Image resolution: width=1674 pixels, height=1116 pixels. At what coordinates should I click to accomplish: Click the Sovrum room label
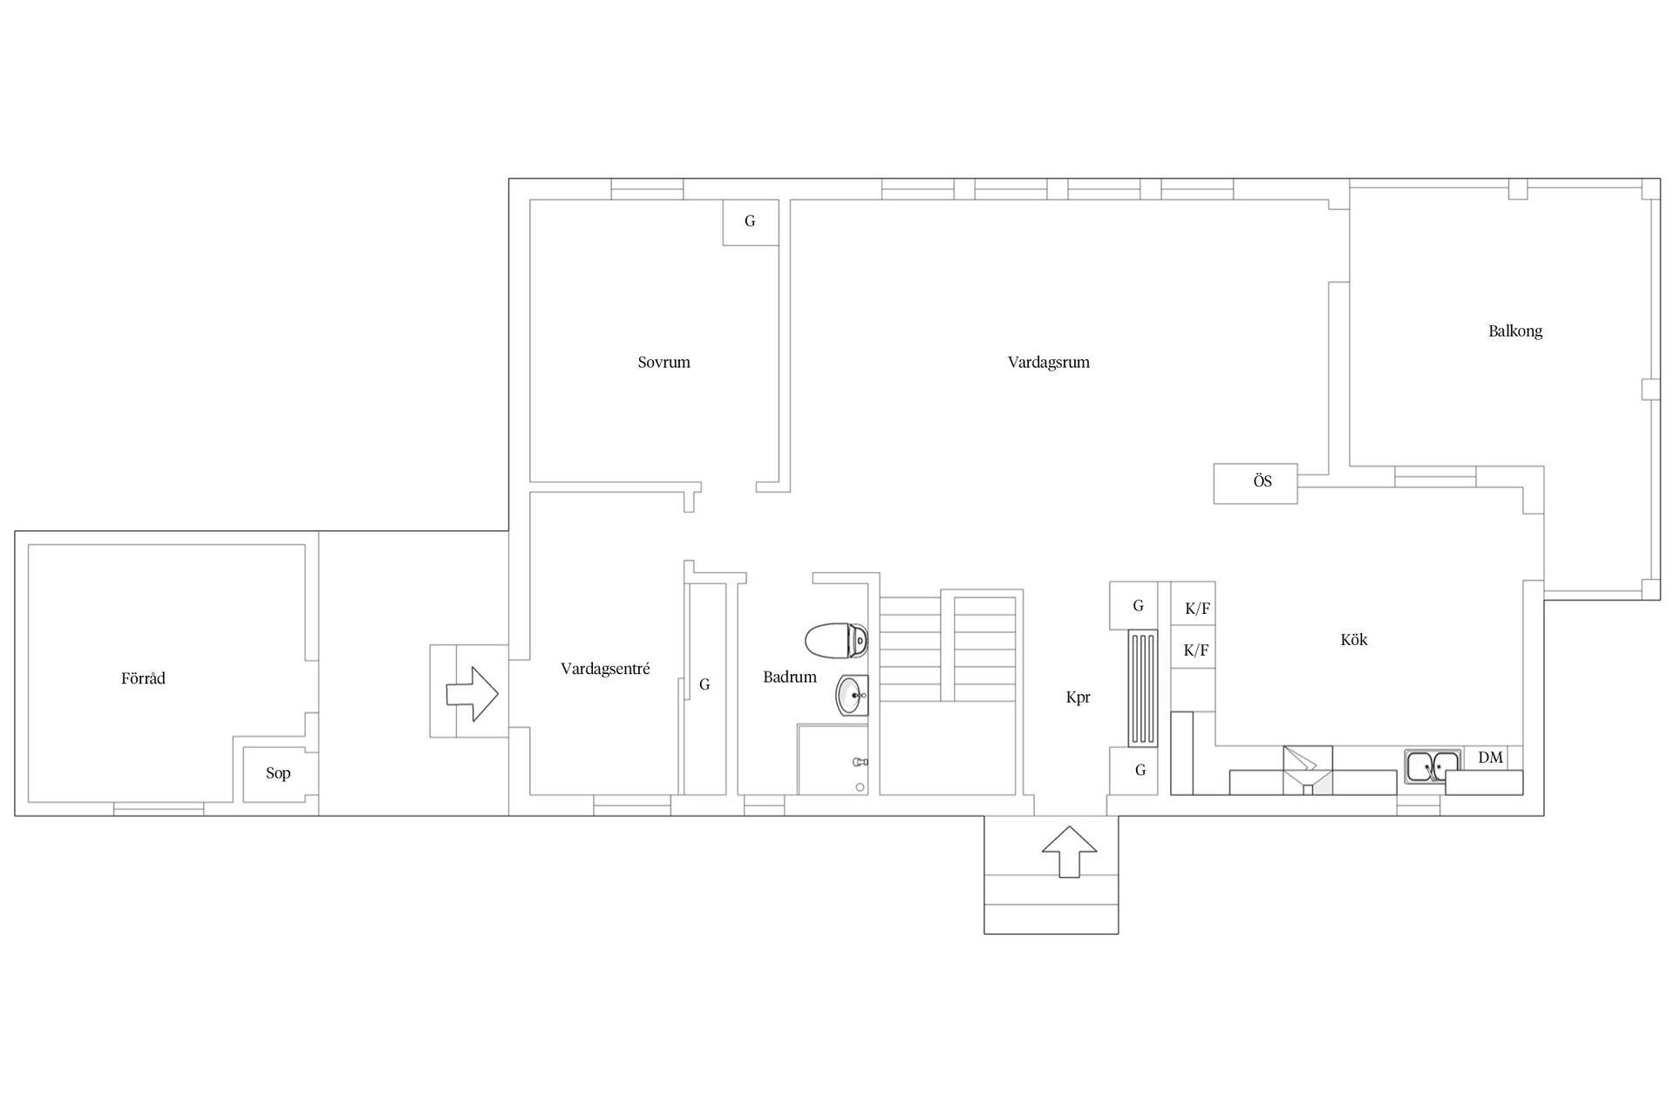pos(663,362)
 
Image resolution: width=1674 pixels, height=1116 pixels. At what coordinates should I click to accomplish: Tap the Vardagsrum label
pos(1048,362)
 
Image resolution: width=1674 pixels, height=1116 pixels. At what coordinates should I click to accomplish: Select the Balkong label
pos(1515,331)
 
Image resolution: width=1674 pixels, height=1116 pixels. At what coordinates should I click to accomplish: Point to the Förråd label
pos(143,677)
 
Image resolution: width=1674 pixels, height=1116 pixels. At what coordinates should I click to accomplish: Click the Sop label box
pos(278,774)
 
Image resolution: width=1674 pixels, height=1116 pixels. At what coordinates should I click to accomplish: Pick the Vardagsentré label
pos(605,669)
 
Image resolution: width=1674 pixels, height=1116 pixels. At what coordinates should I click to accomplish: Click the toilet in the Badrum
pos(836,641)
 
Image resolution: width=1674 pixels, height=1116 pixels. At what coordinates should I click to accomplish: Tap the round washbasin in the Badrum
pos(852,696)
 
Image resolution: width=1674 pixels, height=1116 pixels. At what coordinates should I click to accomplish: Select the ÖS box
pos(1255,483)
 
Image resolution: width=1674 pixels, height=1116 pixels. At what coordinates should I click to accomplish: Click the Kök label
pos(1353,639)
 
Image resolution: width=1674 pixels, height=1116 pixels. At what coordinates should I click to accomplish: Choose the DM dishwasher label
pos(1490,758)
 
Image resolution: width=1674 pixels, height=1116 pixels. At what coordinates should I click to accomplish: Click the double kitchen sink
pos(1432,766)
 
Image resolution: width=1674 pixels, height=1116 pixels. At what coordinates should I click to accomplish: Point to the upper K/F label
pos(1197,609)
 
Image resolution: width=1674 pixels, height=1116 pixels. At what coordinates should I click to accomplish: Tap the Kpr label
pos(1078,697)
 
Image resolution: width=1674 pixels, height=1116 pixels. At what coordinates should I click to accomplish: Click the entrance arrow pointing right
pos(472,694)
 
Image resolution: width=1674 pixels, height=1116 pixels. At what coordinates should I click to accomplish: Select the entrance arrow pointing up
pos(1070,852)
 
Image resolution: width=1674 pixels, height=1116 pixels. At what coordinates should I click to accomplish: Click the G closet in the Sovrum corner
pos(750,221)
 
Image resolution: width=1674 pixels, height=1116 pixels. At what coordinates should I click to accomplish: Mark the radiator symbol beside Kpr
pos(1142,688)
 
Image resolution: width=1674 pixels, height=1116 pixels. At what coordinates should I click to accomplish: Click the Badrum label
pos(790,677)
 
